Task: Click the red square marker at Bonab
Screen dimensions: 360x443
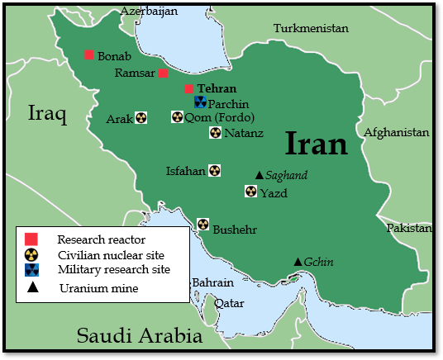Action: pyautogui.click(x=89, y=55)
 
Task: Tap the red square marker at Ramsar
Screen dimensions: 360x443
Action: pyautogui.click(x=164, y=73)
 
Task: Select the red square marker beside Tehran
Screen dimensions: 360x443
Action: pyautogui.click(x=189, y=89)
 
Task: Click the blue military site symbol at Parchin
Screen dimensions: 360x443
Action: pyautogui.click(x=200, y=102)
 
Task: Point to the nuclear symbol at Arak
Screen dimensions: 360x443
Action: pyautogui.click(x=141, y=118)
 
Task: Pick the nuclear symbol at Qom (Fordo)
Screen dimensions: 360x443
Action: pyautogui.click(x=177, y=117)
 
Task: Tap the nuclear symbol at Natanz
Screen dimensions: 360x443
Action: pyautogui.click(x=215, y=132)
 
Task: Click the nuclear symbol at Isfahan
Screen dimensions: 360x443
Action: pyautogui.click(x=214, y=171)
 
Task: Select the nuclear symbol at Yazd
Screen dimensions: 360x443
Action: pyautogui.click(x=251, y=192)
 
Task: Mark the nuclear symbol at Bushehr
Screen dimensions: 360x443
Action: pyautogui.click(x=202, y=225)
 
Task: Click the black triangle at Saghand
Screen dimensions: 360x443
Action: pyautogui.click(x=259, y=175)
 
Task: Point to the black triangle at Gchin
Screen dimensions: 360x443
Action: pyautogui.click(x=298, y=262)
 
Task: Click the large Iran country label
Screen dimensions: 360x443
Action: pyautogui.click(x=317, y=144)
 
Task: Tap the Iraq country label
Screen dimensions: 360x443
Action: pyautogui.click(x=46, y=113)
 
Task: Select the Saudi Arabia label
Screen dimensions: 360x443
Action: pyautogui.click(x=139, y=336)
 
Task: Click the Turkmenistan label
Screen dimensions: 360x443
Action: pyautogui.click(x=311, y=28)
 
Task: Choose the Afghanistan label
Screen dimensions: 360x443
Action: pyautogui.click(x=397, y=132)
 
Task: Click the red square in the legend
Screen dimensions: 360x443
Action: pyautogui.click(x=31, y=239)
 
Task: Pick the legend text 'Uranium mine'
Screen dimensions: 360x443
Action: pyautogui.click(x=98, y=288)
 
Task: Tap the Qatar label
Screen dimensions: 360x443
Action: pyautogui.click(x=229, y=303)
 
